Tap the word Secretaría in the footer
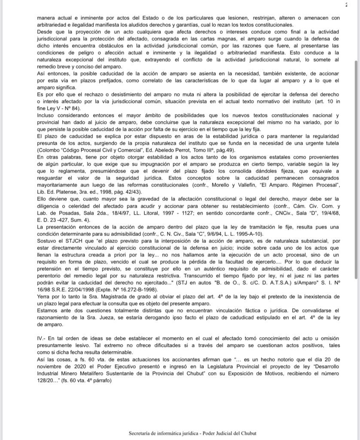[141, 433]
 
